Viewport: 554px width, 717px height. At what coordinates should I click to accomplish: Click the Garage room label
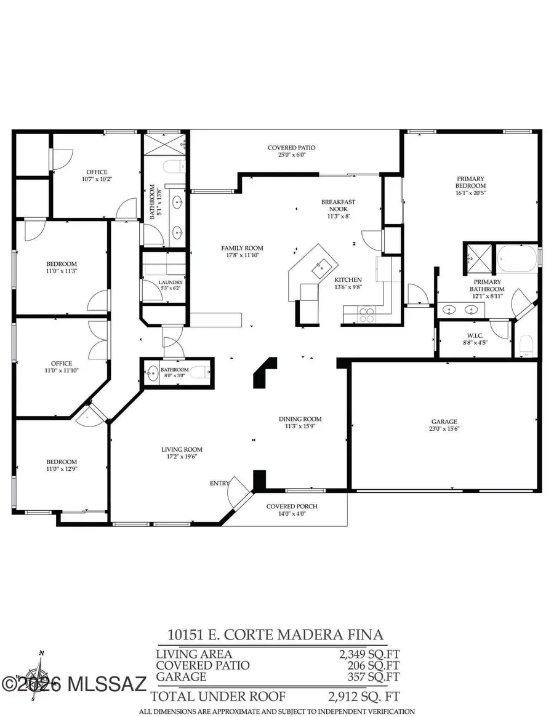(443, 422)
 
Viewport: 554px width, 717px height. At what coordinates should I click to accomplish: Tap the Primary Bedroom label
(470, 182)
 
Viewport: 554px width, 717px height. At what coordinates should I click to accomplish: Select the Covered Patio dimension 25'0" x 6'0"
(291, 155)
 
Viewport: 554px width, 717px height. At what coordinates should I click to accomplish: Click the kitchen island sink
(320, 266)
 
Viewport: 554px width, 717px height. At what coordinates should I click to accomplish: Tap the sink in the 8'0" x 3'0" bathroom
(151, 372)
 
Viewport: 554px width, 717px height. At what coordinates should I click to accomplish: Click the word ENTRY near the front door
(220, 483)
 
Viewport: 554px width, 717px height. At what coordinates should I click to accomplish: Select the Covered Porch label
(286, 507)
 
